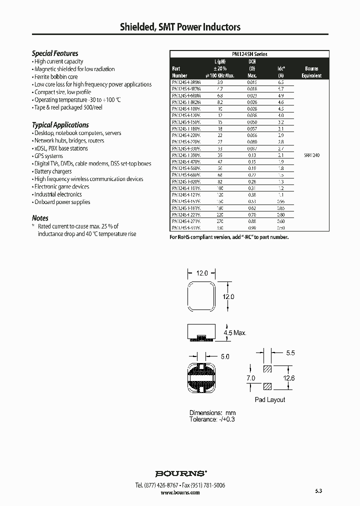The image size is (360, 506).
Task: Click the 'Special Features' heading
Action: pos(55,53)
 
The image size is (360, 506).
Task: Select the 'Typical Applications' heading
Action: pos(60,125)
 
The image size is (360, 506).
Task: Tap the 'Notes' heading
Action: pos(40,218)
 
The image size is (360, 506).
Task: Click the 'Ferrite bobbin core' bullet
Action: pos(55,77)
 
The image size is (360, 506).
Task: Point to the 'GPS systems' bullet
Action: pos(48,156)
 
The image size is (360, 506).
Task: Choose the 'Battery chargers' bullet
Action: pos(52,171)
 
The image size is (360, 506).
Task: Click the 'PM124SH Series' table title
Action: pos(249,54)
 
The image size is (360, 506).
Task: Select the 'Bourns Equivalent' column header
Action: pos(311,72)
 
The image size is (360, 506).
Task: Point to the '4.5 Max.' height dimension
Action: pos(235,332)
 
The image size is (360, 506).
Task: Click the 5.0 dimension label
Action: pos(224,356)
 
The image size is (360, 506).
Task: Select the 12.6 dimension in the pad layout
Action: pos(289,378)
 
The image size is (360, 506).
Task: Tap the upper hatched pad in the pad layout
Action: pos(268,369)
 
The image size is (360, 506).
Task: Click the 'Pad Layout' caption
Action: pos(270,399)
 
